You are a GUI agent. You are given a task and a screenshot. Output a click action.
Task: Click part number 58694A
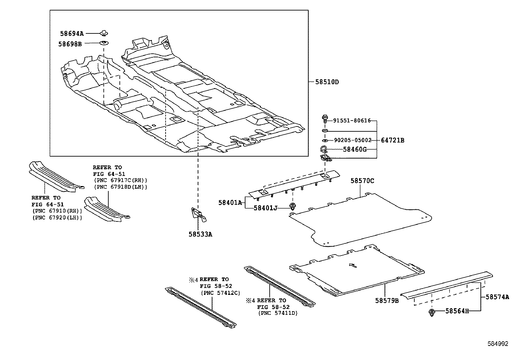pos(72,33)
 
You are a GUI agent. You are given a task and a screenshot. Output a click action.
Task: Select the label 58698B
pos(70,44)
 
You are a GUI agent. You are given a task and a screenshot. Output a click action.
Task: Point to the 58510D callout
pos(327,82)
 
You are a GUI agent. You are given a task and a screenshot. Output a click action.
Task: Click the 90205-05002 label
pos(352,140)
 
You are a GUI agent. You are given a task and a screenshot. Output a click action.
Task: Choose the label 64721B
pos(392,140)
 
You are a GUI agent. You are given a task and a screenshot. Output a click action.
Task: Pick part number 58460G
pos(354,149)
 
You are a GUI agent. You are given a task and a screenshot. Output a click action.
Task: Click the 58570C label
pos(362,180)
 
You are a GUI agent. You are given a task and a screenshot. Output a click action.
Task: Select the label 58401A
pos(230,203)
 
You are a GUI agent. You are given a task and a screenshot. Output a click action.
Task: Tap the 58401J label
pos(265,208)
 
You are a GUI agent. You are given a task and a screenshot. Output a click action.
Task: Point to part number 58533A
pos(200,234)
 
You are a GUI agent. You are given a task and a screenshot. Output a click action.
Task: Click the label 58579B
pos(386,300)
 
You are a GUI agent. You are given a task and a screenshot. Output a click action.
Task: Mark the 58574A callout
pos(497,297)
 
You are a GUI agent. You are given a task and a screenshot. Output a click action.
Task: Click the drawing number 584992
pos(498,344)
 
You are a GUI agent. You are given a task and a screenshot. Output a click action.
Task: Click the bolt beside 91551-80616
pos(325,119)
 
